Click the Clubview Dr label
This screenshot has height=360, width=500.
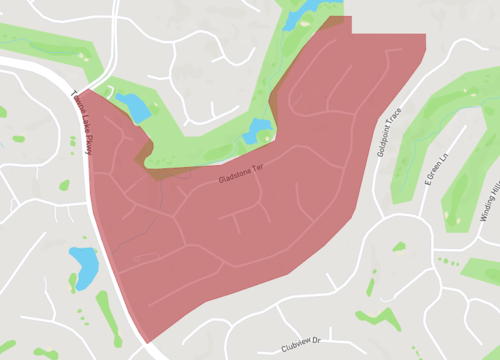300,343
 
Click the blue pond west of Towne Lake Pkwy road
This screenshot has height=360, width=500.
84,265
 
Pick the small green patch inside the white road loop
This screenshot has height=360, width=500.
398,245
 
